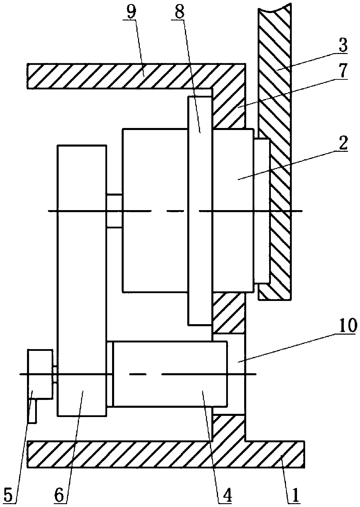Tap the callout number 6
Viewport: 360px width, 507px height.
coord(60,497)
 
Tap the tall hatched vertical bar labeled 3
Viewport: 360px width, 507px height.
coord(274,87)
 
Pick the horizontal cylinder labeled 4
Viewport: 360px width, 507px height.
coord(170,374)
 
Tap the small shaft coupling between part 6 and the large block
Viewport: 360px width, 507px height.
coord(114,211)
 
